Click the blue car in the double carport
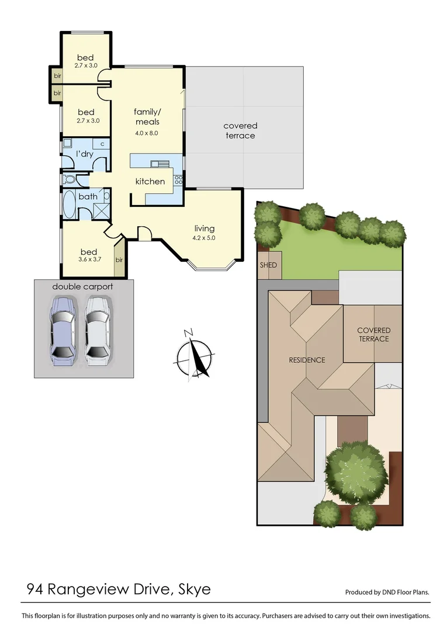click(64, 330)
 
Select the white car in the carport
click(98, 330)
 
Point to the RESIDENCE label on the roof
click(306, 360)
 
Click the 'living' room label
click(205, 228)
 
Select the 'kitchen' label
click(150, 181)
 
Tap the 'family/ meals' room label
click(147, 116)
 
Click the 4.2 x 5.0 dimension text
click(205, 238)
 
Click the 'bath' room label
click(88, 196)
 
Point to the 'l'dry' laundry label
click(84, 154)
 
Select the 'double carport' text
click(82, 286)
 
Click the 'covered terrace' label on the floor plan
click(240, 130)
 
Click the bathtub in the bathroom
click(69, 204)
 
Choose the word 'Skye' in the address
click(193, 589)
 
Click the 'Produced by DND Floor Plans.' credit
click(387, 592)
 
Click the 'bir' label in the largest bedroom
click(119, 260)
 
